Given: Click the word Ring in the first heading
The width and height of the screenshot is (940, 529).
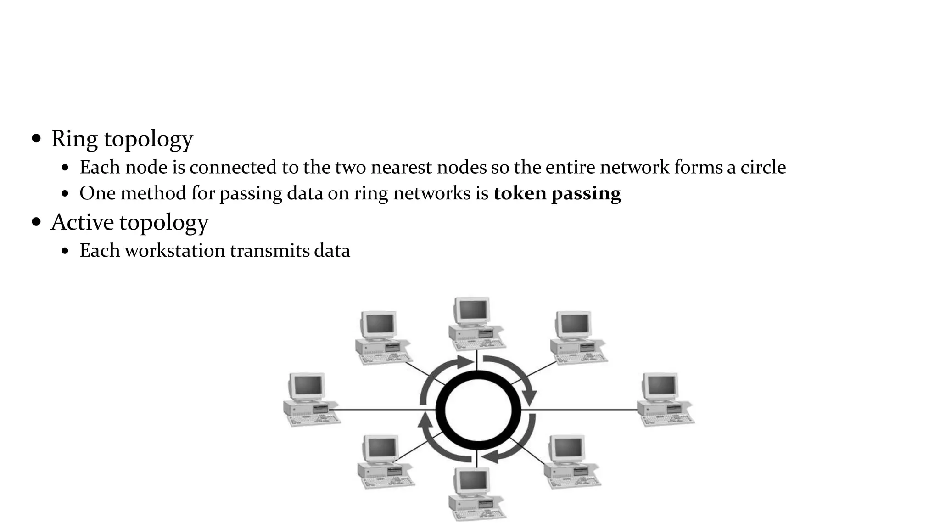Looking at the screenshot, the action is click(x=74, y=139).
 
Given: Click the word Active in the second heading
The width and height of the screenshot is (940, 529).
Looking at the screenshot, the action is click(x=82, y=223).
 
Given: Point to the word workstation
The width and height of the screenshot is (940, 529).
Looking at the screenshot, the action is click(x=175, y=251).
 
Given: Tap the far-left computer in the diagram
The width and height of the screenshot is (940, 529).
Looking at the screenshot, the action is click(x=310, y=400).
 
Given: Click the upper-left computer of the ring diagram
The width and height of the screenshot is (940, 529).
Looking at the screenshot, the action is click(x=382, y=338).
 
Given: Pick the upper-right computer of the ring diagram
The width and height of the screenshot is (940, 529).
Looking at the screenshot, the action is click(x=577, y=338).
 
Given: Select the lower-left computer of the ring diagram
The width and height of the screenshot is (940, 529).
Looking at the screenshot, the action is click(x=384, y=461).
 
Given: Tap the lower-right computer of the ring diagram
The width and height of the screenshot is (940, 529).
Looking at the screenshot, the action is click(x=571, y=461).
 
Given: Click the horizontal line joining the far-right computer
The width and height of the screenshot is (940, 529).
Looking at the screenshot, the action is click(x=583, y=409).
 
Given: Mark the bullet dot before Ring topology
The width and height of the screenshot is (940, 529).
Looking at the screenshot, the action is click(x=37, y=139).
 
